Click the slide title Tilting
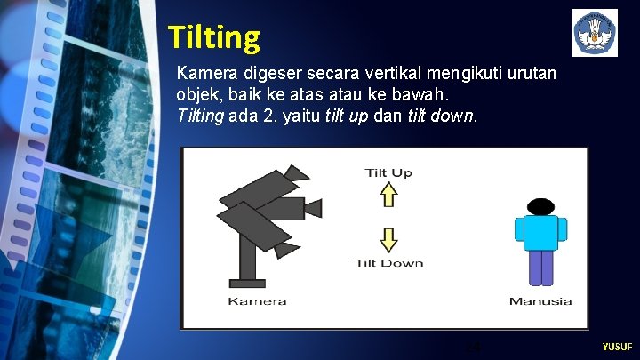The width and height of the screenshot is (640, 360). click(x=213, y=37)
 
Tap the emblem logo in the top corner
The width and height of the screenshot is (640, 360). click(x=595, y=33)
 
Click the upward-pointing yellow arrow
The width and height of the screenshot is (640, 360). click(x=388, y=194)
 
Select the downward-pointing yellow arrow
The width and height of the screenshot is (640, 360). click(x=388, y=239)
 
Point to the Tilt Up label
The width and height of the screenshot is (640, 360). click(x=388, y=172)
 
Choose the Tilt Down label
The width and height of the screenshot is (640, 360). click(x=388, y=263)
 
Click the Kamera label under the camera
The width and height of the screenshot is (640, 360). click(x=257, y=300)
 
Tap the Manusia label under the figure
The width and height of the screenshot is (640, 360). click(x=540, y=300)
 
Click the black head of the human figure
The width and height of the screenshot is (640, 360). click(x=540, y=206)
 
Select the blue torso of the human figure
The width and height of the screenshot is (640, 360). click(x=540, y=233)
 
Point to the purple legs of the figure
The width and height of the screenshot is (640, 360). click(x=540, y=268)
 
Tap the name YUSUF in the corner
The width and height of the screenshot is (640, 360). click(x=617, y=346)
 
